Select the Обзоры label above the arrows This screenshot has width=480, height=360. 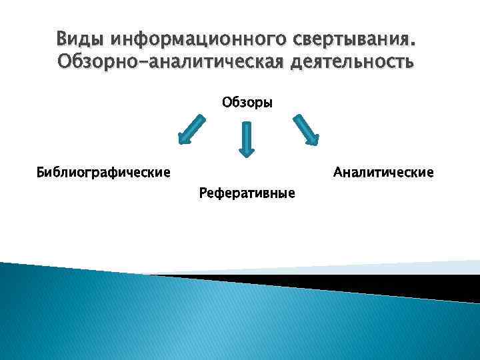(247, 103)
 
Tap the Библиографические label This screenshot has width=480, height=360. (103, 173)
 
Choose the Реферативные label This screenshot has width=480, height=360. (247, 193)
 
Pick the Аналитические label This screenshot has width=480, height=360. (383, 173)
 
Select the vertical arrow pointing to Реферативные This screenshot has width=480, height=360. (247, 139)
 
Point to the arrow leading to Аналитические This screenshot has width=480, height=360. (306, 129)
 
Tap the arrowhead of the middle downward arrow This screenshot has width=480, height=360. (247, 151)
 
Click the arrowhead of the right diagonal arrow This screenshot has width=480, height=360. (313, 139)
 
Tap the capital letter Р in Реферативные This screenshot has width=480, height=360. (203, 193)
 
